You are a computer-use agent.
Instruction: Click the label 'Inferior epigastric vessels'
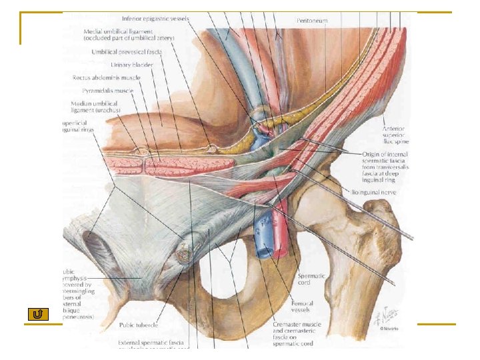[x=155, y=19]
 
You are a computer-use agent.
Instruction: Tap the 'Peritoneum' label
[x=312, y=21]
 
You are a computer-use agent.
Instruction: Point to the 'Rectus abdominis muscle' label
[x=104, y=78]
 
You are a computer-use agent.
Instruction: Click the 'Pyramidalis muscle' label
[x=108, y=90]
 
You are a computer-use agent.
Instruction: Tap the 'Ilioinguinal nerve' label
[x=374, y=192]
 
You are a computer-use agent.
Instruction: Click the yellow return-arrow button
[x=37, y=314]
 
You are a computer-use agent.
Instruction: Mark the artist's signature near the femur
[x=387, y=313]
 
